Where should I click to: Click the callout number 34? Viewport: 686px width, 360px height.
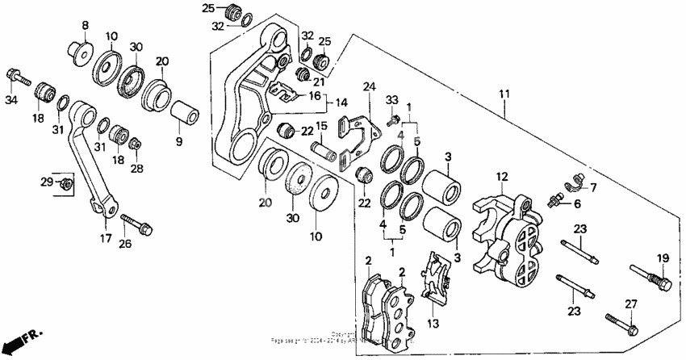click(x=10, y=100)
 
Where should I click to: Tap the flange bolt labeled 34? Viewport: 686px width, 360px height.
click(x=17, y=77)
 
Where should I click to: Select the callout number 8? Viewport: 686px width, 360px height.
click(x=84, y=26)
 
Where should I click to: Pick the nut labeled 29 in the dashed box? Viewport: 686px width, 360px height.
click(x=69, y=185)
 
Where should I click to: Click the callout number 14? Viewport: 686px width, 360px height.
click(x=342, y=103)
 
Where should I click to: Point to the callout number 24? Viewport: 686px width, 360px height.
click(x=370, y=86)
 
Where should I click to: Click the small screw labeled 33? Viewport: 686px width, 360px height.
click(x=394, y=119)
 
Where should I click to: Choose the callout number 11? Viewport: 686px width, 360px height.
click(x=504, y=95)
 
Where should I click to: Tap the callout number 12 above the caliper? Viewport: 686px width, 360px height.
click(x=500, y=177)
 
